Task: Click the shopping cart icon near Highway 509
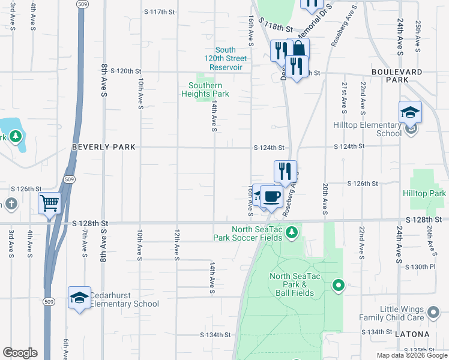pyautogui.click(x=49, y=202)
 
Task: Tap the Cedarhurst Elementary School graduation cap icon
pyautogui.click(x=79, y=298)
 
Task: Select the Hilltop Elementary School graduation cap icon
pyautogui.click(x=410, y=112)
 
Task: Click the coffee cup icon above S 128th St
pyautogui.click(x=271, y=196)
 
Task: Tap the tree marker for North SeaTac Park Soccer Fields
pyautogui.click(x=292, y=232)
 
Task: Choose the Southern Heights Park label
pyautogui.click(x=205, y=90)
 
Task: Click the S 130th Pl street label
pyautogui.click(x=420, y=266)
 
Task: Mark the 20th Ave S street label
pyautogui.click(x=325, y=199)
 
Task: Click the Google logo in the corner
pyautogui.click(x=20, y=353)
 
